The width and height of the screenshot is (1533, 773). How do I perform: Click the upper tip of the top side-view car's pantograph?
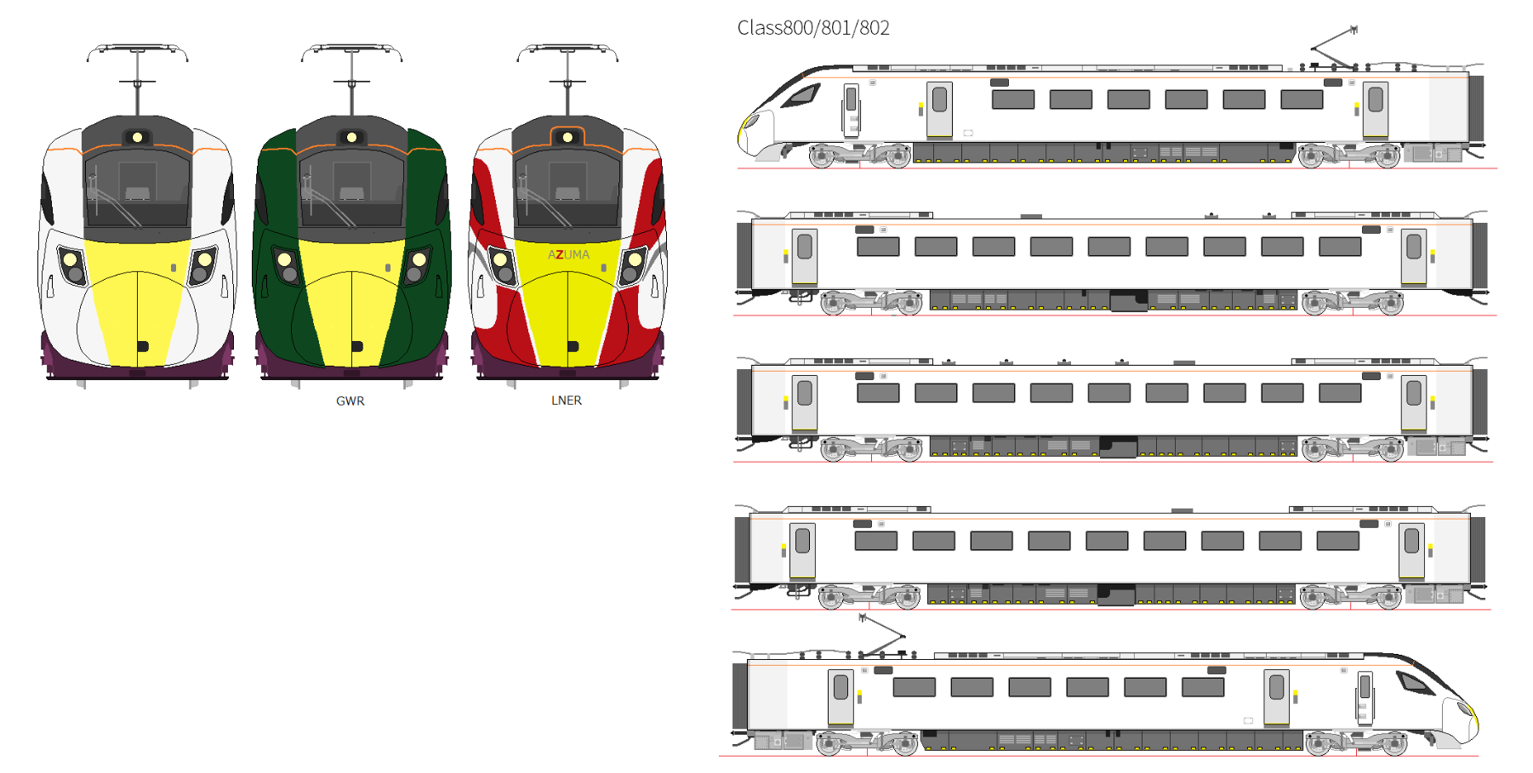tap(1354, 28)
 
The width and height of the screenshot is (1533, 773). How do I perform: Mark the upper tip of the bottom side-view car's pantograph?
tap(863, 616)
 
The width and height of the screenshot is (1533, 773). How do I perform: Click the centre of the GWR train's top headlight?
tap(351, 137)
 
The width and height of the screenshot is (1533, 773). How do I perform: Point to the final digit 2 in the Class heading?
tap(885, 28)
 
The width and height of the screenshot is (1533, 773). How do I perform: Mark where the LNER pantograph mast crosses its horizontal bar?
tap(567, 82)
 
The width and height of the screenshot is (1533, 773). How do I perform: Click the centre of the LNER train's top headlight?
tap(567, 137)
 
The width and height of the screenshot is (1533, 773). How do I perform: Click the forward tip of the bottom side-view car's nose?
tap(1479, 723)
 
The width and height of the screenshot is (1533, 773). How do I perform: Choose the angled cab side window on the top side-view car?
tap(801, 94)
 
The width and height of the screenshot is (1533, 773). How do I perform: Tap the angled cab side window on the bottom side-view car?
tap(1415, 680)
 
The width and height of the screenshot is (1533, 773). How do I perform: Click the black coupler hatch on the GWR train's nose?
tap(357, 346)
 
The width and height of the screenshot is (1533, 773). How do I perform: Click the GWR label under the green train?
tap(350, 401)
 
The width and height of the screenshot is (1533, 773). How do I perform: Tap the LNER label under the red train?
tap(567, 400)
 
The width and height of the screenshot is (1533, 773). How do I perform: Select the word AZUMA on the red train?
tap(568, 254)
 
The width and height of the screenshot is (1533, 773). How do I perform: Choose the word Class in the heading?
tap(760, 28)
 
